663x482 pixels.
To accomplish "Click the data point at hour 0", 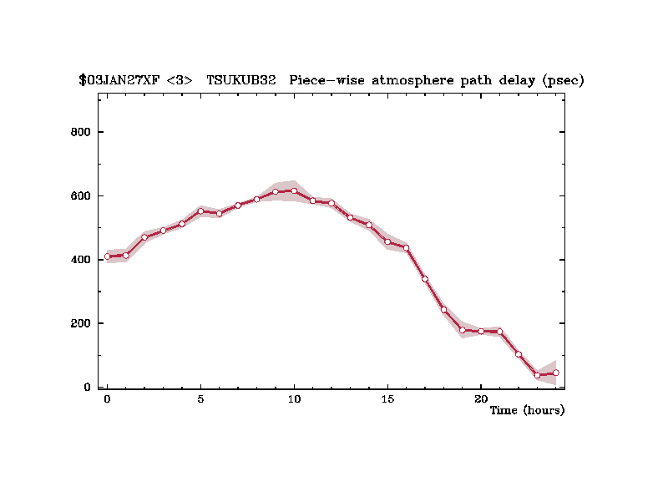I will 108,256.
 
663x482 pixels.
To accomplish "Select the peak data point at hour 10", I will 294,190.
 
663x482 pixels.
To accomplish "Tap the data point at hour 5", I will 200,211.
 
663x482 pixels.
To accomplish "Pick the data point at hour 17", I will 425,279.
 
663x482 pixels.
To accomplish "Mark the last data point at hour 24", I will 555,373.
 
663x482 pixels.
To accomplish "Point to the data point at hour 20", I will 481,331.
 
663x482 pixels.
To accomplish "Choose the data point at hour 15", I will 387,241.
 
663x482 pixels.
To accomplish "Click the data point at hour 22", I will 519,354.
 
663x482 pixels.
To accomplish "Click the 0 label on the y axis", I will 86,387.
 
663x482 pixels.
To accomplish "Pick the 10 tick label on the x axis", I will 294,398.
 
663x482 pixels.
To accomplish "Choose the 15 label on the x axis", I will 387,398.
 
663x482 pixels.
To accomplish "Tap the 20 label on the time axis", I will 481,398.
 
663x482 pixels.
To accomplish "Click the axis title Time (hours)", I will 527,410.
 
